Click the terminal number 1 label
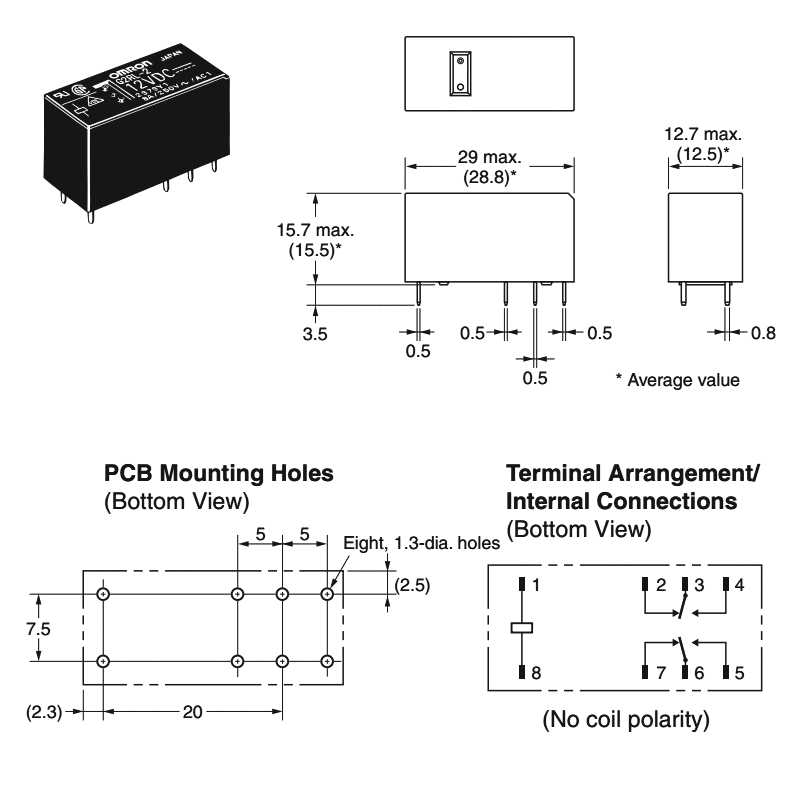pyautogui.click(x=536, y=585)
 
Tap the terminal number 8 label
pyautogui.click(x=536, y=673)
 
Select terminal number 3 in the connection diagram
pyautogui.click(x=700, y=585)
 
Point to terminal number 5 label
pyautogui.click(x=739, y=673)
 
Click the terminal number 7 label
pyautogui.click(x=661, y=673)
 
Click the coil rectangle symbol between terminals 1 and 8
pyautogui.click(x=522, y=628)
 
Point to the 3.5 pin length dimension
pyautogui.click(x=315, y=335)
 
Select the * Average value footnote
pyautogui.click(x=678, y=380)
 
